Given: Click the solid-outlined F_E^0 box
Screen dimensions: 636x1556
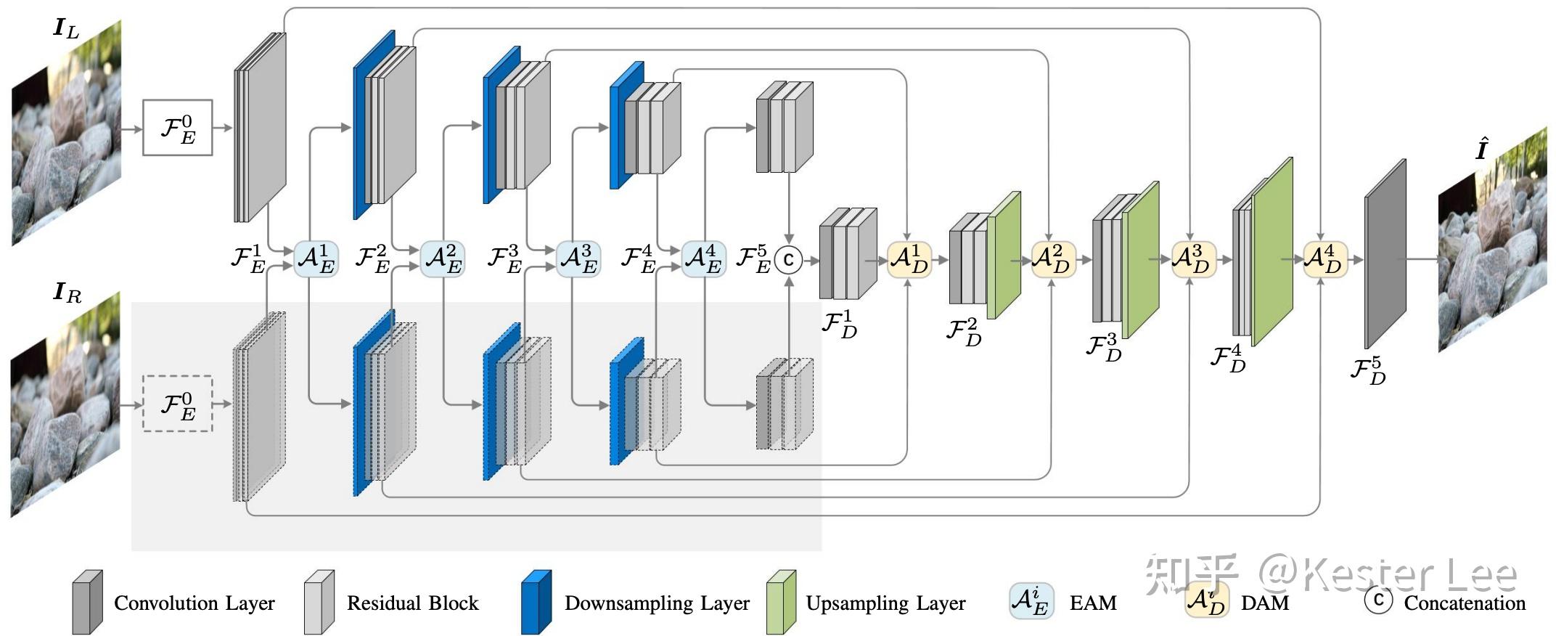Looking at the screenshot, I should pos(178,128).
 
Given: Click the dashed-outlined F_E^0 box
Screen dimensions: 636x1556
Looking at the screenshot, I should pos(178,404).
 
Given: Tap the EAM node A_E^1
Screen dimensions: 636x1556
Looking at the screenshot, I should pos(316,259).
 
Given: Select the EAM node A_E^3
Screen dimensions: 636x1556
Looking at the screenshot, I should pos(578,259).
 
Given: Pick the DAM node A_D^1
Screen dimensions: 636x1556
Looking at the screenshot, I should pos(909,259).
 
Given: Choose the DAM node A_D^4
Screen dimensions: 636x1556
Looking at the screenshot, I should pos(1325,259).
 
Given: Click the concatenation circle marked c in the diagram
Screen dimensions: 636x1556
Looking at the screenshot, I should pos(788,259).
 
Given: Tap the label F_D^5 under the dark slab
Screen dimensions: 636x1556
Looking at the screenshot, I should pos(1367,370).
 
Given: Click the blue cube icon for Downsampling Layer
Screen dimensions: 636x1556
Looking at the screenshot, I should pos(536,602).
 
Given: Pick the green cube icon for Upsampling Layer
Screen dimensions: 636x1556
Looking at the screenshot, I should pos(781,602).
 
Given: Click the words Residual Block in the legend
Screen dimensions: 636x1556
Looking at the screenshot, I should pos(412,603).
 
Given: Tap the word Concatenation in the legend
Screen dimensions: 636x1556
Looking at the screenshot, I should pos(1464,603).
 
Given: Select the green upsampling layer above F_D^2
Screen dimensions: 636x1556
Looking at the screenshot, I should pos(1004,256).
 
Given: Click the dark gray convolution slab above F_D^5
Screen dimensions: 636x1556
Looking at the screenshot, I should pos(1385,254).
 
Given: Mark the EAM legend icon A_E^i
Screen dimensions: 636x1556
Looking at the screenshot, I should pos(1031,601).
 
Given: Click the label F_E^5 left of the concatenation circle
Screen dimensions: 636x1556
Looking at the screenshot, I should pos(753,259).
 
